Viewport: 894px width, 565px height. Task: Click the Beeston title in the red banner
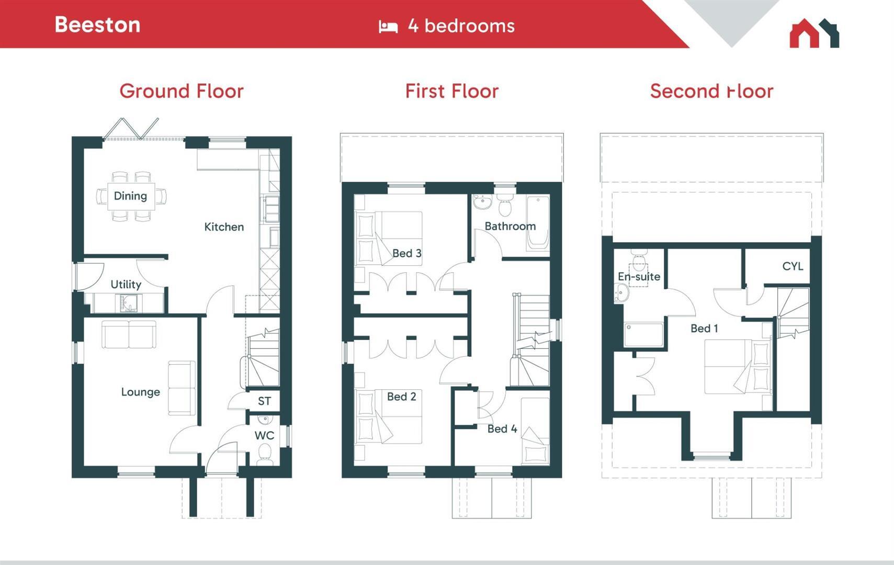97,25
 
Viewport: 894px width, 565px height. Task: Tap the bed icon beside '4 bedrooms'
388,26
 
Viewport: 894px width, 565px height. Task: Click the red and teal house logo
814,33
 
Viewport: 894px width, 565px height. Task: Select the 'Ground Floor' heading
182,91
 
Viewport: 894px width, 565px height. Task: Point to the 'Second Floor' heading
711,91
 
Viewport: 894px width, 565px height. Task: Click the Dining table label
130,196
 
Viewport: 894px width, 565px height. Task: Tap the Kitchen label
224,227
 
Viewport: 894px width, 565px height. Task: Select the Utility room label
126,284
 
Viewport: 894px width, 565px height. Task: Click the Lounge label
140,392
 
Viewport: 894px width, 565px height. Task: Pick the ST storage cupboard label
264,401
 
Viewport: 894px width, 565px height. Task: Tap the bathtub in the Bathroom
538,223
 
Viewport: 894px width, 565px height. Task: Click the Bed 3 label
406,253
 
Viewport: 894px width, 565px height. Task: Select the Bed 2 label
401,397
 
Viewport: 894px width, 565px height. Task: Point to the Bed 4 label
502,429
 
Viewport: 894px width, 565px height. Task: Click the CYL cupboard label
792,266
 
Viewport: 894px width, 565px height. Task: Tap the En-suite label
639,276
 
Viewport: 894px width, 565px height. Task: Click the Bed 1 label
704,328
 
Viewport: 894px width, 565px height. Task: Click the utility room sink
129,302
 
